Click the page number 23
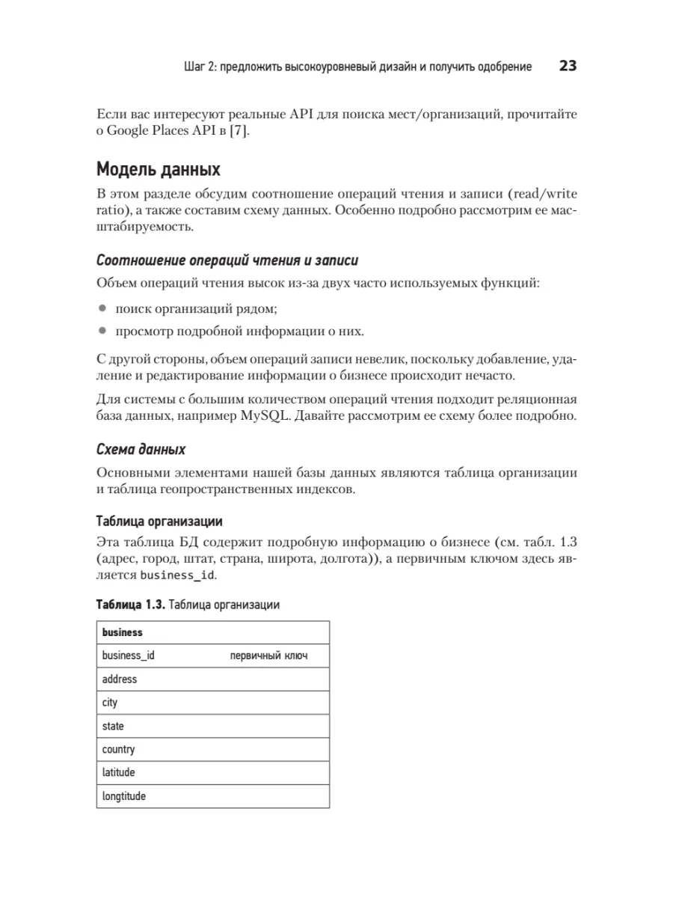568,67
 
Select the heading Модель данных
159,169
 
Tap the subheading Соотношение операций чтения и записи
227,260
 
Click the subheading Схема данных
141,450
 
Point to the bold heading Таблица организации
159,521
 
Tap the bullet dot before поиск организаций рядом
102,308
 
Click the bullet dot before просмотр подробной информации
102,331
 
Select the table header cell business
122,632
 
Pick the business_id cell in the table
128,656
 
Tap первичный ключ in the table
268,656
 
